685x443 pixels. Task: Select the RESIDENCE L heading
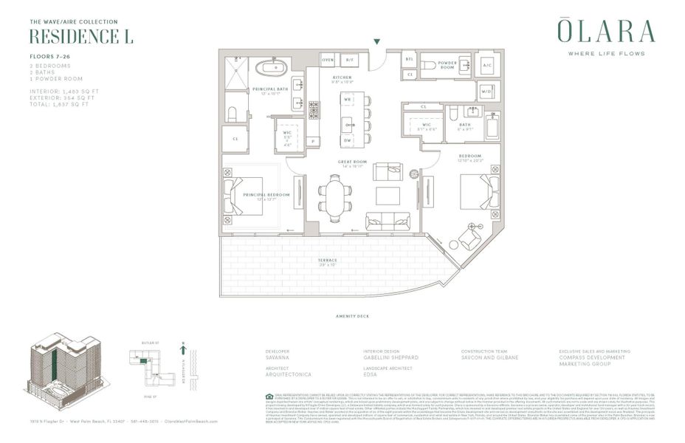tap(81, 37)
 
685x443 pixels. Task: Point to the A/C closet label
tap(486, 65)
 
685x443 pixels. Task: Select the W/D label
tap(486, 92)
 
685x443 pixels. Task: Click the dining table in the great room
tap(334, 200)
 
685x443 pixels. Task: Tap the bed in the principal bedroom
tap(243, 194)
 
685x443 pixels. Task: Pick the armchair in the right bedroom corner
tap(469, 237)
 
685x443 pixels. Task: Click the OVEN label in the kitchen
tap(328, 59)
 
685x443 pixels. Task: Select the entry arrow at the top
tap(378, 43)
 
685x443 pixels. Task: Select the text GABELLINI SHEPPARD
tap(392, 357)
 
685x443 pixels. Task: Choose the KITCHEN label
tap(342, 77)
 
